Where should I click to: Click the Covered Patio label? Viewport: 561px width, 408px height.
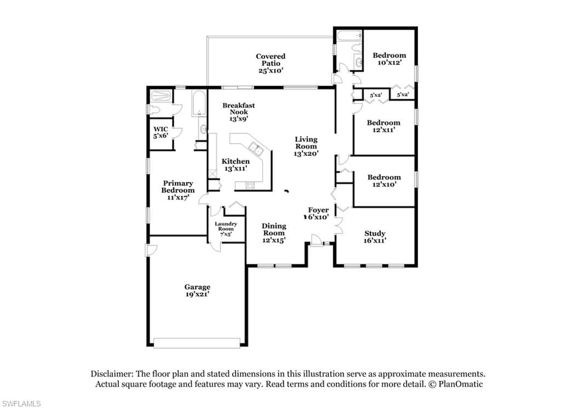271,60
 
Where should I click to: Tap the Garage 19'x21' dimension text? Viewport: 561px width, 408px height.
197,294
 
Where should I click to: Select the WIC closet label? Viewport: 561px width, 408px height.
161,129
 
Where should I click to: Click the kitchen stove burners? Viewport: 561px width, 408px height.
249,185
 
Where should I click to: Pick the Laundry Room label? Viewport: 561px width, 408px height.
226,226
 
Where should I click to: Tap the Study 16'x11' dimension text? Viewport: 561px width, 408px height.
375,241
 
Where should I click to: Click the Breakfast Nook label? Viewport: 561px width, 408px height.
239,109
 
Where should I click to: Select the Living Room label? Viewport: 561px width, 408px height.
306,143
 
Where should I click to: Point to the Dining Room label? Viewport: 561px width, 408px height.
274,229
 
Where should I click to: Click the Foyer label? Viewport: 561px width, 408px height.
318,210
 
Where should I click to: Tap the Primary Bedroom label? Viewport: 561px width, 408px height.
178,186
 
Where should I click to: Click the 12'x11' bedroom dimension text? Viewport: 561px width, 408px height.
383,130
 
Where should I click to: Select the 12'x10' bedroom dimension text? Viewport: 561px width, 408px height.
384,184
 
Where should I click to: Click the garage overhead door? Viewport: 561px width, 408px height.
197,343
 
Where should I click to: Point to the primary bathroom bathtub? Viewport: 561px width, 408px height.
198,104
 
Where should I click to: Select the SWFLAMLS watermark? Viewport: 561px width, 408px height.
21,404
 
